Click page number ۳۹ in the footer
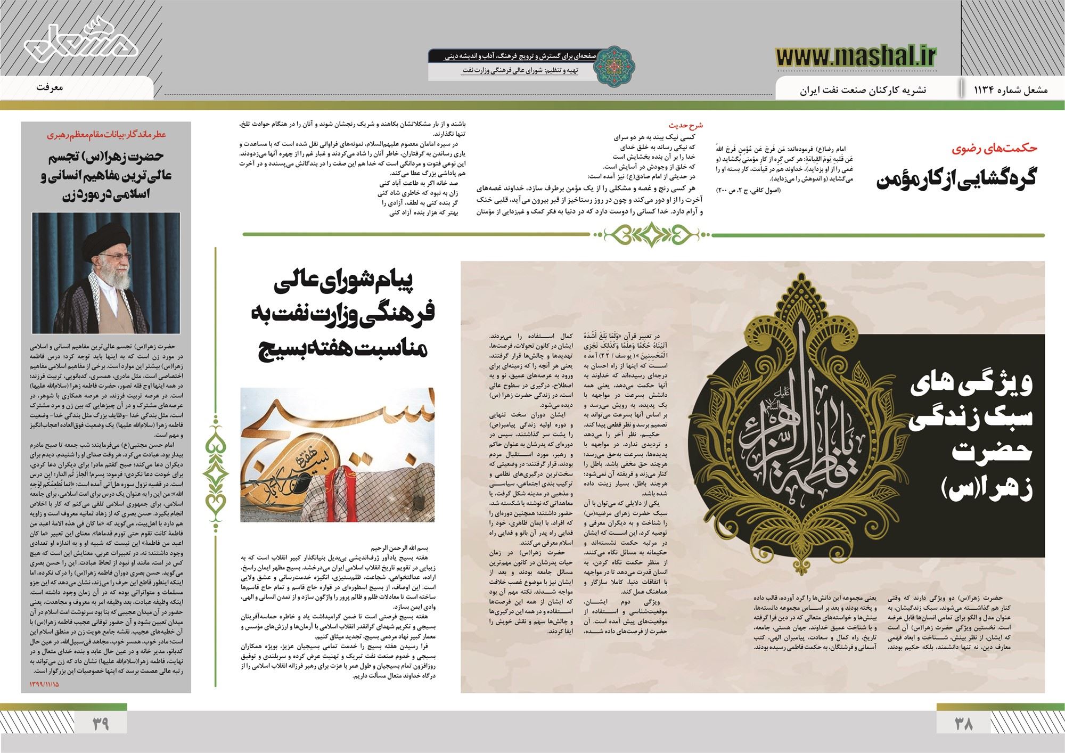point(101,723)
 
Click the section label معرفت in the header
point(50,87)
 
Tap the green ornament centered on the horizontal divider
point(651,233)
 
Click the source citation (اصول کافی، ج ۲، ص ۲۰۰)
point(751,190)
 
